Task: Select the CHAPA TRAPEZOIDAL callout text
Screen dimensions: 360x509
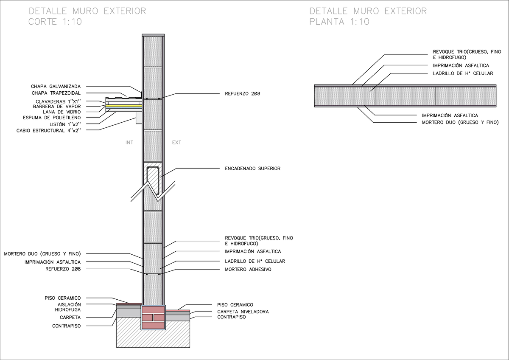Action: tap(56, 93)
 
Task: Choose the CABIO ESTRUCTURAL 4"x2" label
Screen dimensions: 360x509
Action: tap(48, 130)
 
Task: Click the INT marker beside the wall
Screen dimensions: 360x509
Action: tap(129, 143)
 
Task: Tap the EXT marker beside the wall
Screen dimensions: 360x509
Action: tap(176, 143)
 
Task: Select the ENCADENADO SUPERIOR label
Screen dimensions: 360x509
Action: tap(252, 169)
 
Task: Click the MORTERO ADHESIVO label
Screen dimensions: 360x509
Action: tap(248, 270)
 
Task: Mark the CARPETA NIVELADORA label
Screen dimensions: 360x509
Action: tap(243, 312)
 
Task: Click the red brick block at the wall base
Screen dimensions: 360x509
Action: tap(153, 317)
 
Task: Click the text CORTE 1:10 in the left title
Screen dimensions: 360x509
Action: tap(55, 22)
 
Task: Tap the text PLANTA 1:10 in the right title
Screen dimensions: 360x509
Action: tap(339, 22)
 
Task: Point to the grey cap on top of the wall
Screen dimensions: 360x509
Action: tap(153, 35)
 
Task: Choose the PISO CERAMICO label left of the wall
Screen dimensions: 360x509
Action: tap(62, 298)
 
